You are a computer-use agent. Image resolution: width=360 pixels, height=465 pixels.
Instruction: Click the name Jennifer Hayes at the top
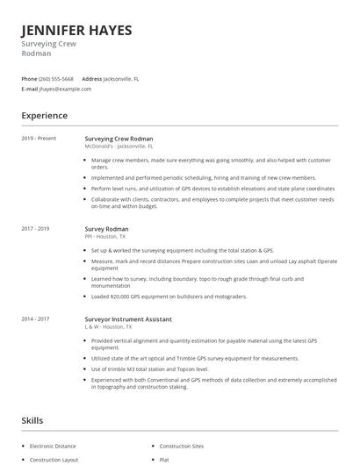click(x=77, y=31)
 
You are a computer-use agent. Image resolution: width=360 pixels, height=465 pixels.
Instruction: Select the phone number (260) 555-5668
click(x=55, y=79)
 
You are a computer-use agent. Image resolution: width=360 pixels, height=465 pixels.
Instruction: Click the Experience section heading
click(x=45, y=115)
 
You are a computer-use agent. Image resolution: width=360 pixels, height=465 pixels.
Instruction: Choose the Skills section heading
click(x=32, y=421)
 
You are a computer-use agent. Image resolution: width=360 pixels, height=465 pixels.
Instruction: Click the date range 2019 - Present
click(x=40, y=139)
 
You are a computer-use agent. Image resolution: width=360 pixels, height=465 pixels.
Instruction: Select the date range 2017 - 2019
click(x=38, y=228)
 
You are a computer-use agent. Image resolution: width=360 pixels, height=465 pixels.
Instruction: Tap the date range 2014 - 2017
click(x=38, y=318)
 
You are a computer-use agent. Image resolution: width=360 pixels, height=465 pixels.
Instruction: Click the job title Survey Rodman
click(x=107, y=228)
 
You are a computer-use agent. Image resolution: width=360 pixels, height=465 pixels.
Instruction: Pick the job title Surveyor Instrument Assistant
click(x=128, y=318)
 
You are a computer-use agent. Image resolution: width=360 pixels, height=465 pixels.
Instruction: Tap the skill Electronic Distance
click(x=54, y=446)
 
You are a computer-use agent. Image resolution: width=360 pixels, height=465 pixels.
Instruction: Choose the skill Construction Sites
click(x=182, y=446)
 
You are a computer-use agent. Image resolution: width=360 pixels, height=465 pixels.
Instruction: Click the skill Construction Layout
click(x=54, y=459)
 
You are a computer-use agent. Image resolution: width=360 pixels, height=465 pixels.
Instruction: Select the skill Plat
click(x=164, y=459)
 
